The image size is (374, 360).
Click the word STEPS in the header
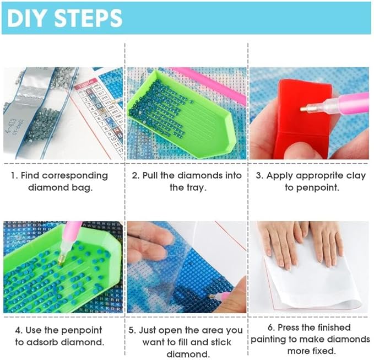[89, 18]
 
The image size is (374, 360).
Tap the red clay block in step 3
[302, 120]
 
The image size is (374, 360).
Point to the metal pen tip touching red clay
[303, 109]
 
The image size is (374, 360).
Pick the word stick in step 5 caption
[220, 342]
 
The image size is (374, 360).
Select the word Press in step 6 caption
[289, 327]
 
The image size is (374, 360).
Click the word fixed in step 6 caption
[324, 351]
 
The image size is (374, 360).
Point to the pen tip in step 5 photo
[212, 297]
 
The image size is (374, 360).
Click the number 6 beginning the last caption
[270, 327]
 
